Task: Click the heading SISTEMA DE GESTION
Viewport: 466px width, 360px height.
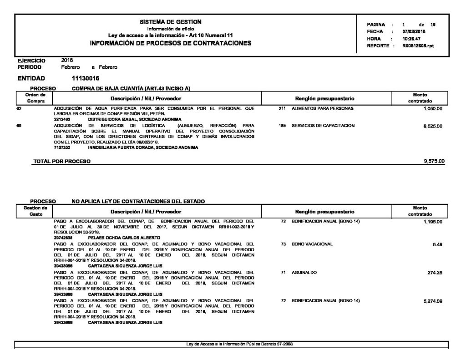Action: coord(171,22)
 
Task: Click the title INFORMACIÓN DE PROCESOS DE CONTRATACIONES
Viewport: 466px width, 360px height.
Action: coord(171,43)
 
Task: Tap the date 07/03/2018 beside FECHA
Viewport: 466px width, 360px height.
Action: coord(413,31)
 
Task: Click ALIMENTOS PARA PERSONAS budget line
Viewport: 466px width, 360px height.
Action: coord(322,109)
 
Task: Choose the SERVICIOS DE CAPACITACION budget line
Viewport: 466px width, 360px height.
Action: coord(323,125)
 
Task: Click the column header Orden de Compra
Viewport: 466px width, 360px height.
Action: coord(35,97)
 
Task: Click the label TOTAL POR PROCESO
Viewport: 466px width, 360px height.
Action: coord(62,161)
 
